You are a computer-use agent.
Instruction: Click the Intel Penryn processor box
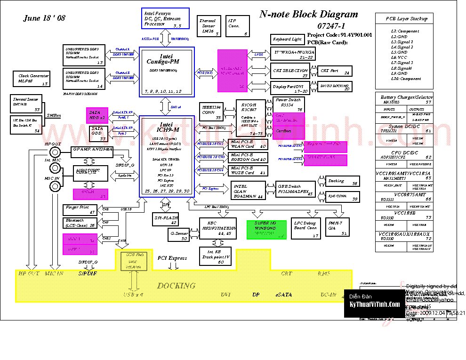(x=165, y=19)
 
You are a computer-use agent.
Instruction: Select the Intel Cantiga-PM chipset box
(x=167, y=72)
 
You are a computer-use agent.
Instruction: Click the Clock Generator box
(x=32, y=79)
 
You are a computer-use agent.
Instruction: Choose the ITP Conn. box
(x=237, y=27)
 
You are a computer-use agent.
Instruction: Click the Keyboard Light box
(x=287, y=39)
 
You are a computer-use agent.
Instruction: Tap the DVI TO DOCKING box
(x=335, y=86)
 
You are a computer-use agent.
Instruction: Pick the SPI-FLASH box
(x=166, y=219)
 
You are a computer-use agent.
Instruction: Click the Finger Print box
(x=80, y=210)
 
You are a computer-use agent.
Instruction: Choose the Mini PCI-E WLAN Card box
(x=248, y=144)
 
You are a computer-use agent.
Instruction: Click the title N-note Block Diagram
(x=308, y=15)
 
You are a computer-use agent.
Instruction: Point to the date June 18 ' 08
(x=45, y=18)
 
